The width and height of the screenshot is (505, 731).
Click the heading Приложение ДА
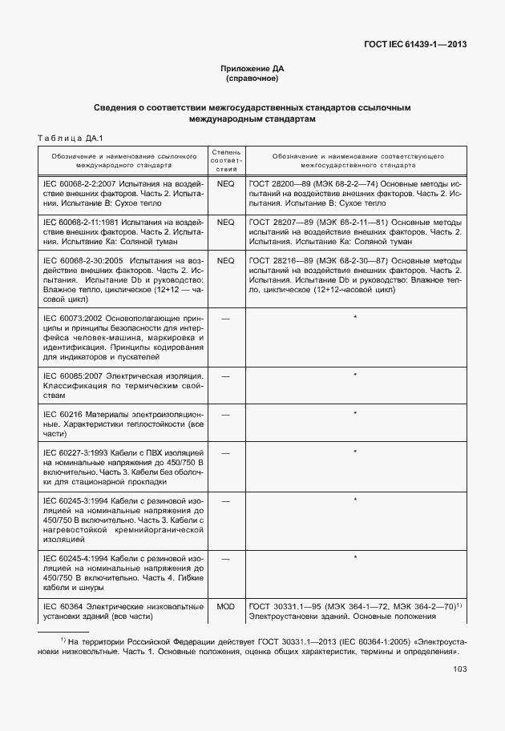[x=252, y=69]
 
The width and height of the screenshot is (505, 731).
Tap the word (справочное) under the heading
[x=252, y=79]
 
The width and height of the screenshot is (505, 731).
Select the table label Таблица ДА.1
[x=71, y=138]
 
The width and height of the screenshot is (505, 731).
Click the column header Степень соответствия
[x=225, y=159]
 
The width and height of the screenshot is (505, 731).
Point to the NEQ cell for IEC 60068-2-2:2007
[x=225, y=184]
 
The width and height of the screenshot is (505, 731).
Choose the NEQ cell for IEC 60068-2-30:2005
[x=225, y=260]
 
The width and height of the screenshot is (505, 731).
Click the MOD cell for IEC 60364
[x=225, y=607]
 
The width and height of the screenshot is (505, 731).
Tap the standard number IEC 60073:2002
[x=75, y=319]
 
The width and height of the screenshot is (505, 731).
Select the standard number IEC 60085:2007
[x=75, y=376]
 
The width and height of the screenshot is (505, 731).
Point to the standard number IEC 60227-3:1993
[x=78, y=453]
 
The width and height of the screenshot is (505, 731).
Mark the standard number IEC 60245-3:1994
[x=78, y=500]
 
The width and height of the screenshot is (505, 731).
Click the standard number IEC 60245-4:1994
[x=78, y=557]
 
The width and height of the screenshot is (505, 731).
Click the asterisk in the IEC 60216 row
[x=354, y=414]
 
